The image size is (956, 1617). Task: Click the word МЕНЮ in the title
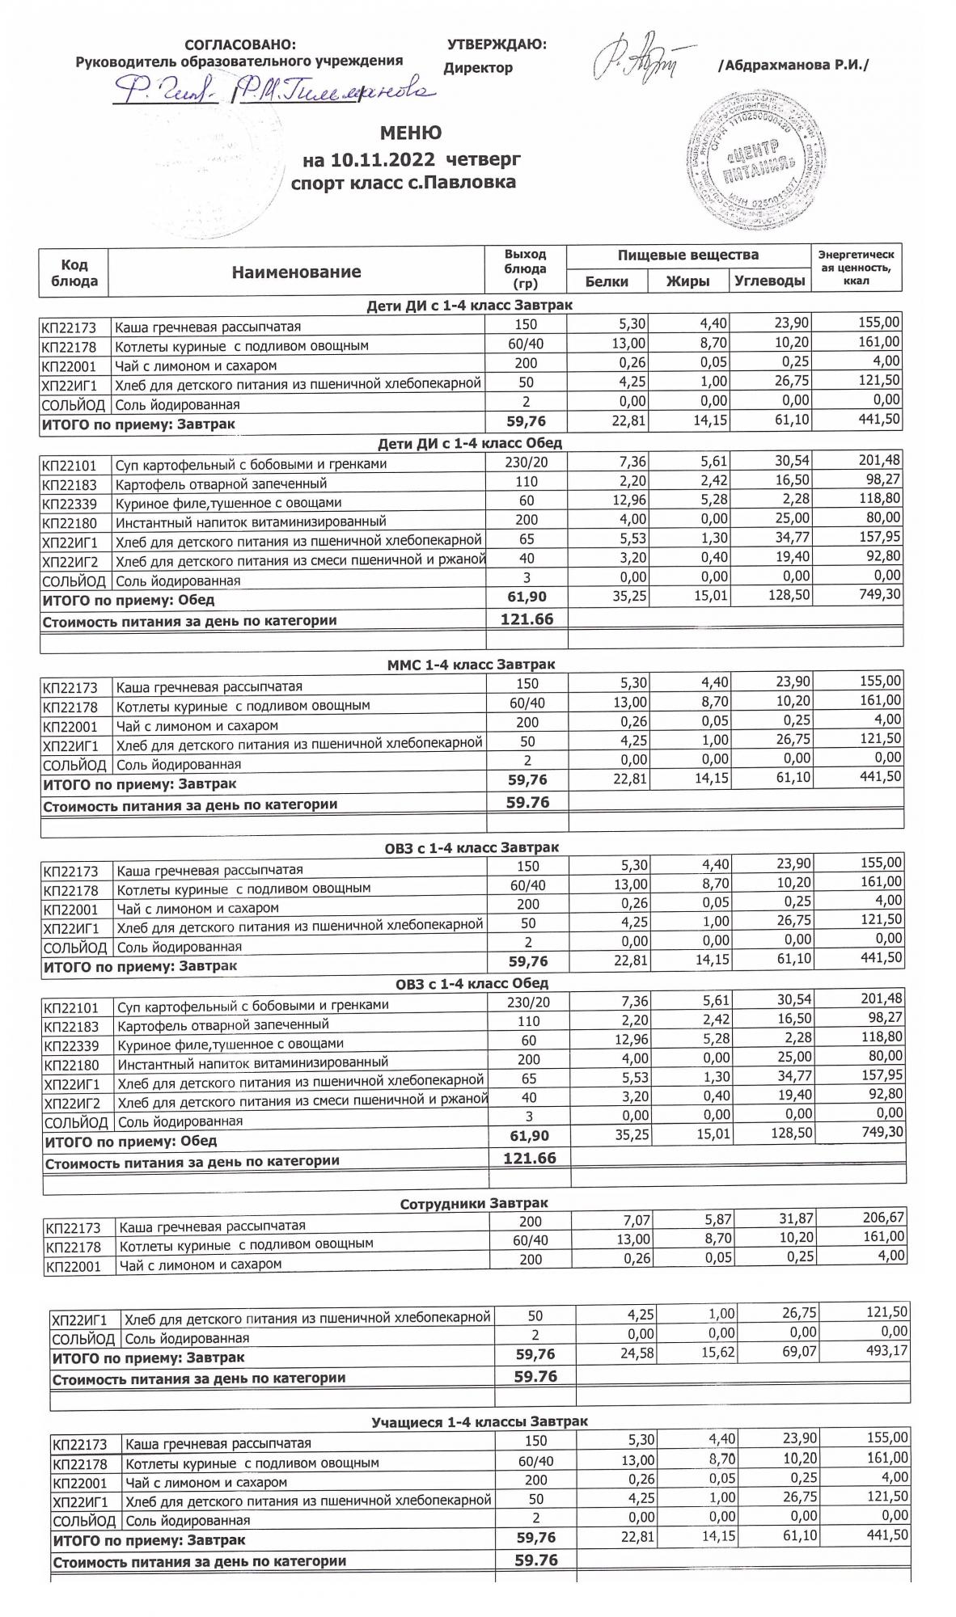pos(411,133)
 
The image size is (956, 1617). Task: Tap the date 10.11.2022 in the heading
pos(383,158)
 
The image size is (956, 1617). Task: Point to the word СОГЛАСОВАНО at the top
pos(240,45)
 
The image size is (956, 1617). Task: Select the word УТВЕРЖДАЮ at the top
pos(496,45)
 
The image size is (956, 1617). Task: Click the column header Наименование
pos(296,272)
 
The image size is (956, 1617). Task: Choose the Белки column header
pos(607,281)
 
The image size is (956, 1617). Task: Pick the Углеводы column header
pos(769,281)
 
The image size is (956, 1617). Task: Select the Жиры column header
pos(687,281)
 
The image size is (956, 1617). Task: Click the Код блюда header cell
pos(74,272)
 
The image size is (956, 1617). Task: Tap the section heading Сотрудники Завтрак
pos(474,1204)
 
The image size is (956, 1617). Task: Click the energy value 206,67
pos(883,1218)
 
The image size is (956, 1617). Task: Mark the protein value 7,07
pos(633,1220)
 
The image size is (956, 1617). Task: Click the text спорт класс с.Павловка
pos(403,183)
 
